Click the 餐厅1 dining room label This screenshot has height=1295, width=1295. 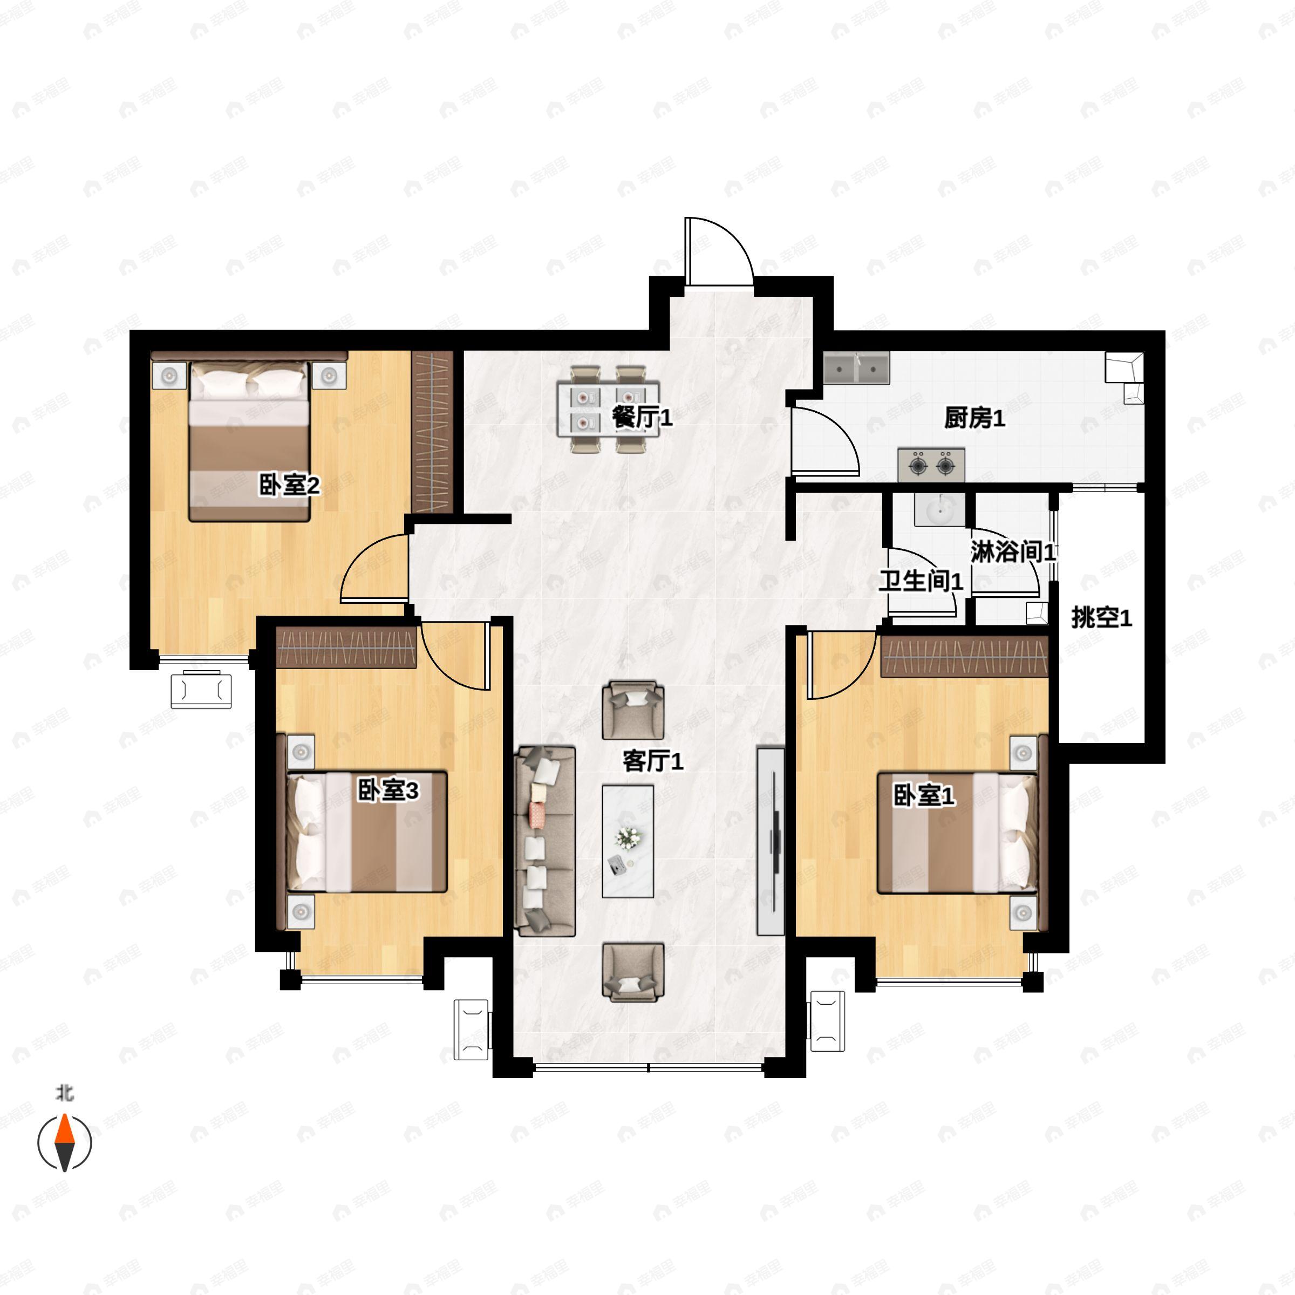coord(642,418)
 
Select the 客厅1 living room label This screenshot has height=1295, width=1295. coord(652,761)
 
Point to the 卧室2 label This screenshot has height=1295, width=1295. coord(290,485)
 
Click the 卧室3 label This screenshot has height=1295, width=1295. coord(387,791)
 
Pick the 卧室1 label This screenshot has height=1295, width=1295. coord(924,796)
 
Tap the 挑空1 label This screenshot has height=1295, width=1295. coord(1101,618)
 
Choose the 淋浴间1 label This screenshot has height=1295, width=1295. coord(1013,553)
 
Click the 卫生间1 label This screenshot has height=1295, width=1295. coord(921,581)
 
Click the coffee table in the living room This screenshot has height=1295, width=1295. coord(628,841)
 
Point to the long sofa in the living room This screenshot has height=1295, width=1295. coord(545,841)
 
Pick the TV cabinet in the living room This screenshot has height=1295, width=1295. coord(770,841)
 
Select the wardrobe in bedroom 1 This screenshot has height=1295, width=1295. coord(963,656)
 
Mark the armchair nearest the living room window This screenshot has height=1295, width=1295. coord(633,972)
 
